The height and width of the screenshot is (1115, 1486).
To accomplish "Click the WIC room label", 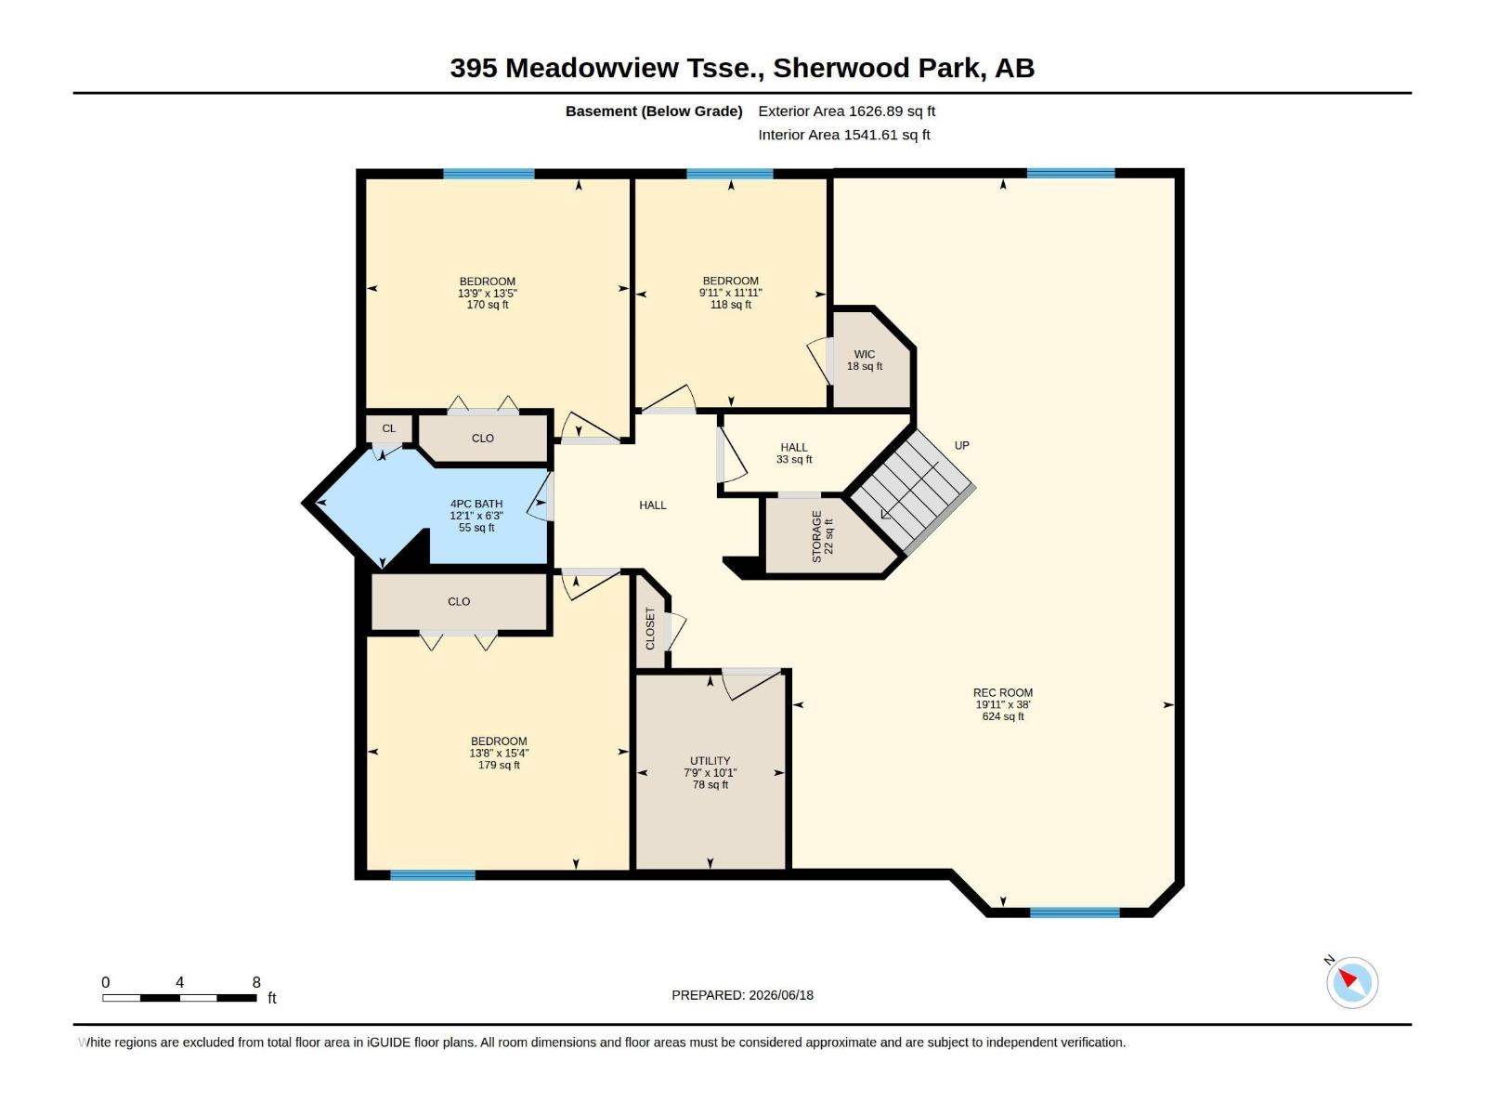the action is click(865, 354).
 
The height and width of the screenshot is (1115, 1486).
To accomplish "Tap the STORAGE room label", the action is click(816, 537).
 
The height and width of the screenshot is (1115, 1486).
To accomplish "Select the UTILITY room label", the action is click(710, 761).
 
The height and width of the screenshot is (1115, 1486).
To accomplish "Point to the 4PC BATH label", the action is click(476, 504).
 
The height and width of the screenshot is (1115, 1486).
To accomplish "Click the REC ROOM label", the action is click(1003, 692).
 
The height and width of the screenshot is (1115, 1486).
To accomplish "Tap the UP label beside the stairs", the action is click(962, 445).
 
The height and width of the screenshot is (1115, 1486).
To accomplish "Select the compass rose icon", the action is click(1352, 983).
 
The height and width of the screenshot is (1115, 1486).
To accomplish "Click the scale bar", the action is click(179, 998).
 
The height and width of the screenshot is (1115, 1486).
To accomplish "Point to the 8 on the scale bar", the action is click(256, 982).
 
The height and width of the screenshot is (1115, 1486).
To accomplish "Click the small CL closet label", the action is click(388, 428).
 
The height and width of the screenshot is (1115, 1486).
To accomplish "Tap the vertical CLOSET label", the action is click(650, 628).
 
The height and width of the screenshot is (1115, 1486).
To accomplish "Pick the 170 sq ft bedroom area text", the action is click(488, 305).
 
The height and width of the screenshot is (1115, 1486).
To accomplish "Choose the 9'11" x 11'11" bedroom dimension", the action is click(731, 293).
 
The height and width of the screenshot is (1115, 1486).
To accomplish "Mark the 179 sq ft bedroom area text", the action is click(499, 765).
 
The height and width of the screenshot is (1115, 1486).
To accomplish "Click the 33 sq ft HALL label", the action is click(794, 459).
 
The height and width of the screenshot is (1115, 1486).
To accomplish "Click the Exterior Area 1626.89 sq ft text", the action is click(846, 111).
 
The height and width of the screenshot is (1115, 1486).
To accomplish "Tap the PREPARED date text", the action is click(743, 995).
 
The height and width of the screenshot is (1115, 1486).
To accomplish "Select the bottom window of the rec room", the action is click(1075, 912).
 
